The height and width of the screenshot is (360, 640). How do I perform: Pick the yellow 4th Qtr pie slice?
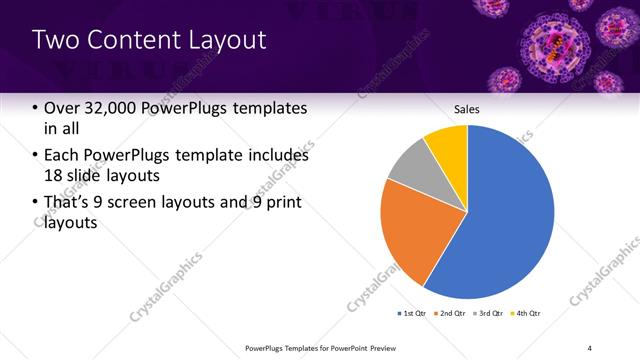click(448, 145)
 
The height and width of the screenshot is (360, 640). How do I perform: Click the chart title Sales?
click(467, 109)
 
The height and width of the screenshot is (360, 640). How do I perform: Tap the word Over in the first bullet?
click(61, 109)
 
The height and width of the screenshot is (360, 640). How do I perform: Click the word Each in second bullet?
click(62, 156)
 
